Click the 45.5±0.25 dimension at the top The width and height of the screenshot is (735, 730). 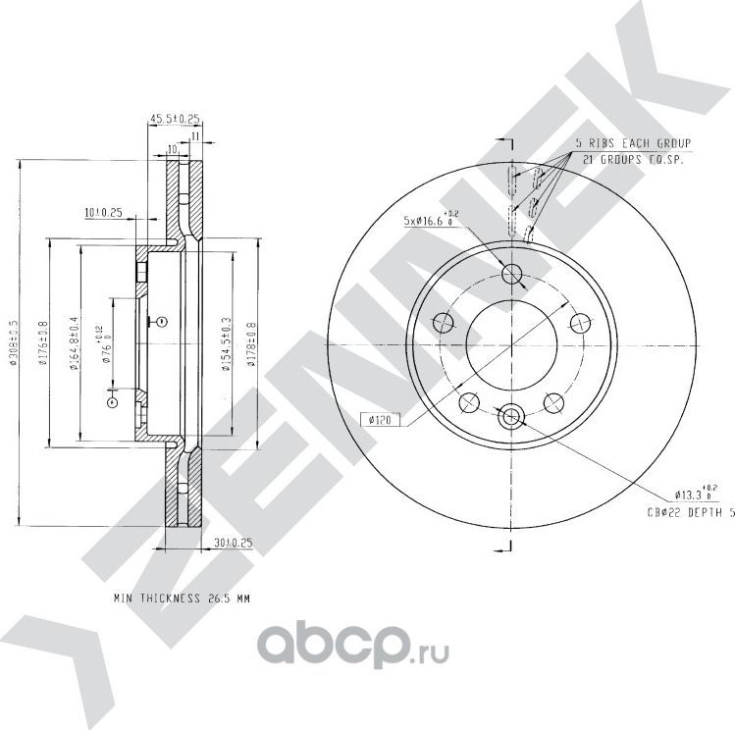(x=175, y=119)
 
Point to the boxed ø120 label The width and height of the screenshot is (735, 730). (x=379, y=420)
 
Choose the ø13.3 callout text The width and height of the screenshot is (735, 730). (x=696, y=495)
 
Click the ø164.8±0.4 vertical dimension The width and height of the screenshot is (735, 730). (x=76, y=343)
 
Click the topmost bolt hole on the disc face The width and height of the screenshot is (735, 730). (x=511, y=275)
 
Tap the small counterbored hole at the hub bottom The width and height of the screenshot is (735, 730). (x=511, y=417)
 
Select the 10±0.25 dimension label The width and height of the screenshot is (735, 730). (x=103, y=211)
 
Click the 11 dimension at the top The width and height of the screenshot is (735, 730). (x=195, y=135)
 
